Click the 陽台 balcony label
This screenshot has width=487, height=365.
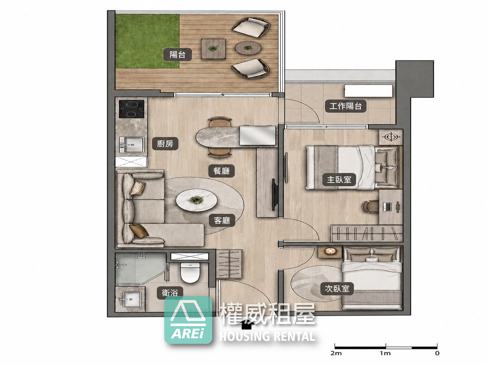pos(177,54)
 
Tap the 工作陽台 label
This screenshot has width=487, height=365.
pos(345,106)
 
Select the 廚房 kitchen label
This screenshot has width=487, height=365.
pos(165,144)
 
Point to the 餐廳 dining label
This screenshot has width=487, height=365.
pos(221,171)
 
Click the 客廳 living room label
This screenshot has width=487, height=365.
pos(222,220)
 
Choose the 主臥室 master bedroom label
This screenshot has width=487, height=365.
pos(339,179)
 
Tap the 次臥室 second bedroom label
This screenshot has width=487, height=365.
pos(337,289)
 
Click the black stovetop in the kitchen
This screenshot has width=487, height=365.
pos(132,109)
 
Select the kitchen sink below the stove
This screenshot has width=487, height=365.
pos(132,145)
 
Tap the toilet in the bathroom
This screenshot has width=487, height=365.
pos(190,272)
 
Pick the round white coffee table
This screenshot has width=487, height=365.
pos(196,200)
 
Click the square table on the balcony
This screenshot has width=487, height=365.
pos(214,49)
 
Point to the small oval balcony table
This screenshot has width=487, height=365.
pos(248,47)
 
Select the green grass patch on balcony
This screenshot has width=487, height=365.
pos(147,41)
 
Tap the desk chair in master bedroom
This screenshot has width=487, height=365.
pos(370,207)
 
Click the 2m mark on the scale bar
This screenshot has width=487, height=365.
pos(336,353)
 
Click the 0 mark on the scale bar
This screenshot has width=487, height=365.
pos(437,353)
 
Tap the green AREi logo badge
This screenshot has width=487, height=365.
pos(188,320)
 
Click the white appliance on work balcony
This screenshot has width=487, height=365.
pos(369,91)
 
